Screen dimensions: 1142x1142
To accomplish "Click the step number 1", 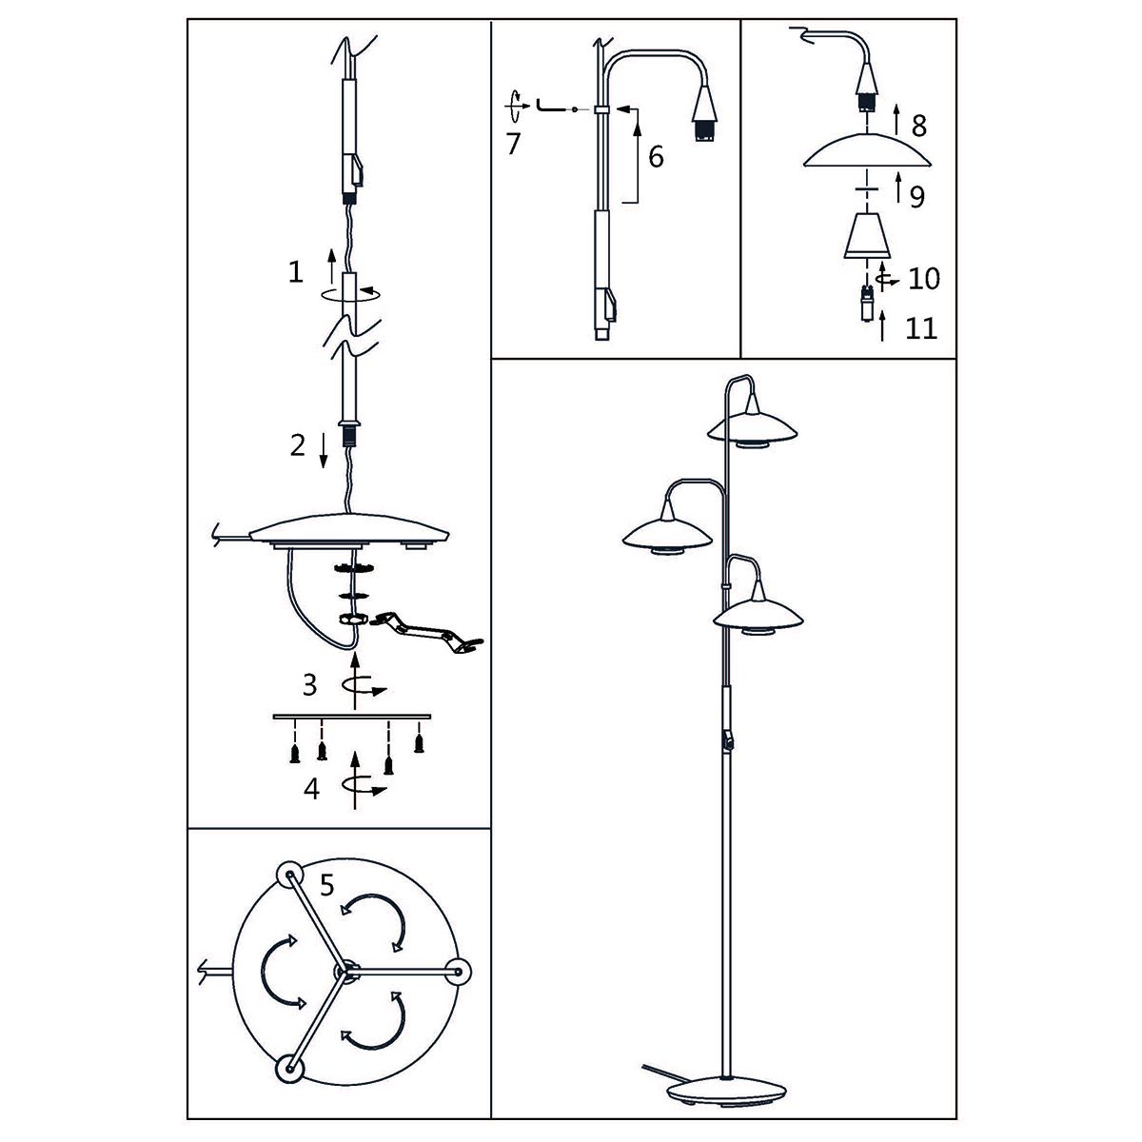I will [x=296, y=273].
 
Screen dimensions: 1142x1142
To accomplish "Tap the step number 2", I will [x=298, y=445].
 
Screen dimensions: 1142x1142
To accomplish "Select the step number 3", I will [x=309, y=683].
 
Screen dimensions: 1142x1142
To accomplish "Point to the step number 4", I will [x=311, y=789].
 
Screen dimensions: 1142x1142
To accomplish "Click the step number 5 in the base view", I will [x=326, y=886].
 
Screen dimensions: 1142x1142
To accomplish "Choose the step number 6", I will [x=656, y=156].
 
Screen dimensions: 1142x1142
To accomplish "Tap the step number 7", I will [x=514, y=145].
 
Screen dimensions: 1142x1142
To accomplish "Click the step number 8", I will [x=918, y=126].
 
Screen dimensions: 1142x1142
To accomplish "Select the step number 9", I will [x=917, y=197].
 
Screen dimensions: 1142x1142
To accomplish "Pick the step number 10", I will [x=923, y=279].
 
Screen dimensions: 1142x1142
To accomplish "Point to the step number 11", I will [x=921, y=328].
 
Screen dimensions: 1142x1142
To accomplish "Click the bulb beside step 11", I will [x=867, y=305].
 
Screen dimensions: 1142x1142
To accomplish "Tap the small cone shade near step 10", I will [x=866, y=235].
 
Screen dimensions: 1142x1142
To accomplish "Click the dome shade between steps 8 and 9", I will [x=866, y=153].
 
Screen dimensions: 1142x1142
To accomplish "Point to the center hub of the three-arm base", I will [x=344, y=971].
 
